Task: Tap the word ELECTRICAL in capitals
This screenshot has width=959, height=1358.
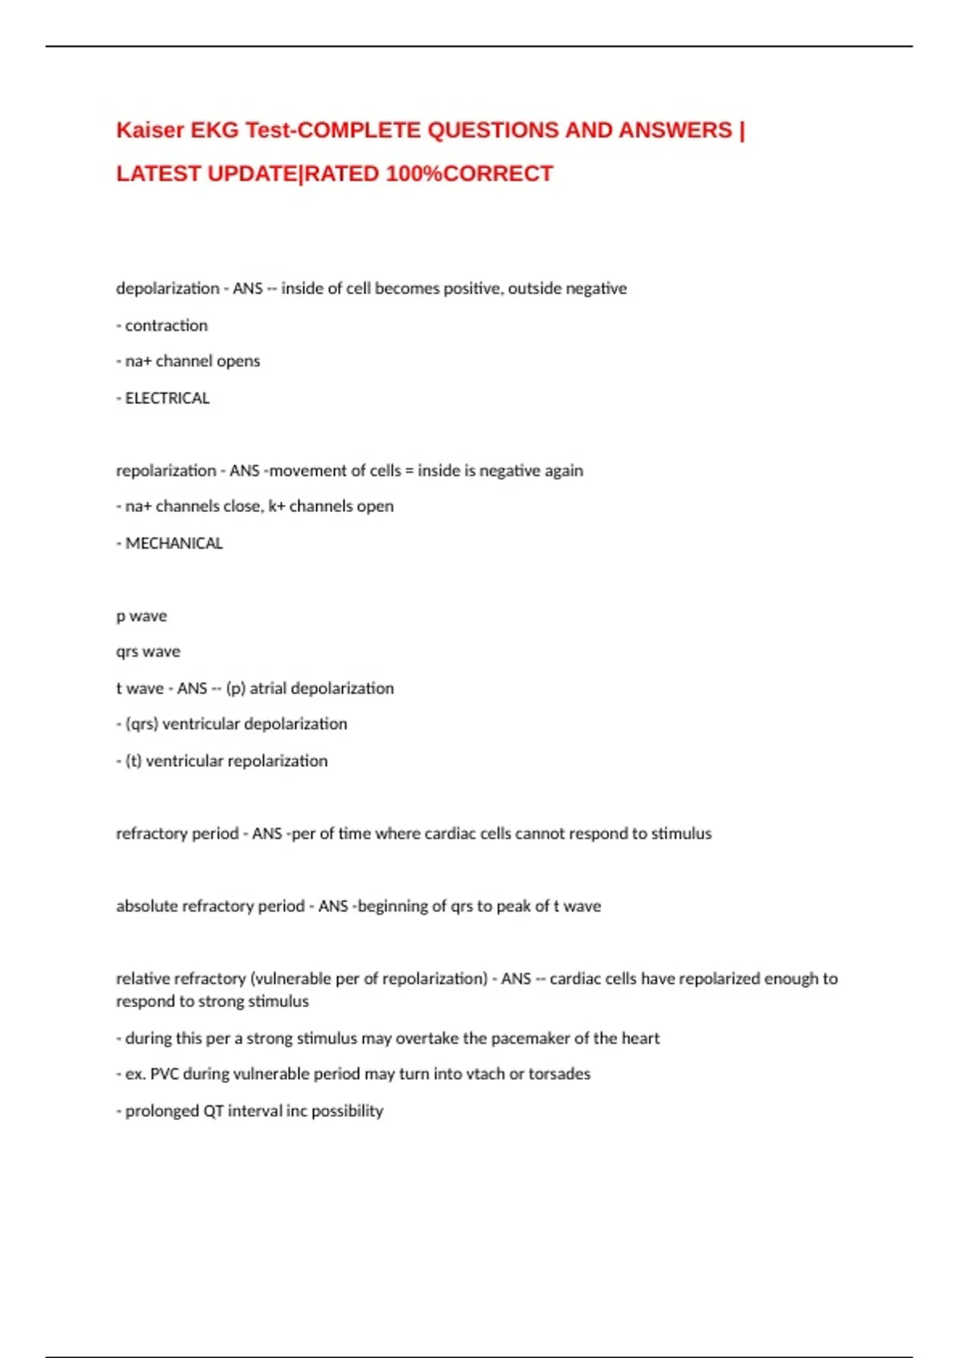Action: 167,398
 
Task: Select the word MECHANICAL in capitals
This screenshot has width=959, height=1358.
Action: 173,543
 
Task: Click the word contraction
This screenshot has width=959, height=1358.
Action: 166,325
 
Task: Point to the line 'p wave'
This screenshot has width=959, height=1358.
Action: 141,616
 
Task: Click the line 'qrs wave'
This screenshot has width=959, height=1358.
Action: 148,652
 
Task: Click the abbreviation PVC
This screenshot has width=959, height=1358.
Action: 165,1074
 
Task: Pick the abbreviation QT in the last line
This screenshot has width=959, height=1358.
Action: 213,1110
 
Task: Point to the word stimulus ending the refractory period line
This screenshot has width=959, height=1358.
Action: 681,833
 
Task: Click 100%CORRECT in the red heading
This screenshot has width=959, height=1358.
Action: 469,173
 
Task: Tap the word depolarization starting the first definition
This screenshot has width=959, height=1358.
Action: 168,288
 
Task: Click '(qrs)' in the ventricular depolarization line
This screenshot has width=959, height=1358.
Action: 141,724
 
